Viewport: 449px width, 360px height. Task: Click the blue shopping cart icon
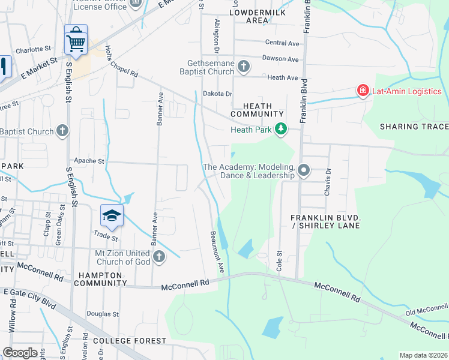tap(76, 40)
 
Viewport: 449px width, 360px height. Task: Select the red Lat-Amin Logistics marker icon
tap(363, 91)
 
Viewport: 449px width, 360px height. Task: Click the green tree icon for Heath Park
tap(280, 129)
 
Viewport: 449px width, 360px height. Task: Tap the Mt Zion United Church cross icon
tap(159, 257)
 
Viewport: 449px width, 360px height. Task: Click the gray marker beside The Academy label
tap(304, 171)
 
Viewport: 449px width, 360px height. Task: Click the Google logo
tap(20, 353)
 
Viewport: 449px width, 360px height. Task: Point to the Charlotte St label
tap(34, 50)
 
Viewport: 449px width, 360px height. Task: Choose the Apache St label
tap(89, 161)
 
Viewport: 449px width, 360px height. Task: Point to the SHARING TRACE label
tap(414, 126)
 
